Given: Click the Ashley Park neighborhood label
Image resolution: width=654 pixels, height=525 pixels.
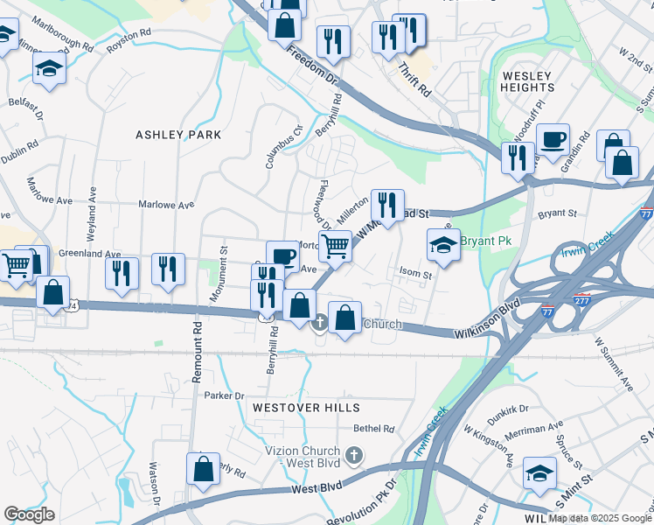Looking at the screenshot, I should click(x=178, y=135).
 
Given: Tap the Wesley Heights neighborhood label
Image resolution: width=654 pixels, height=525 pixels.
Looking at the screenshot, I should click(x=527, y=82).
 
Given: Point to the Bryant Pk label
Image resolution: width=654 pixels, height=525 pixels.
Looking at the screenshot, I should click(x=486, y=241).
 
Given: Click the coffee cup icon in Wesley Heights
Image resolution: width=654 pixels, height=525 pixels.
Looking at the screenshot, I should click(x=553, y=140).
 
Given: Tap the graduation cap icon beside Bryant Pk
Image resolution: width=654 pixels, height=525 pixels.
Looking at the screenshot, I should click(x=443, y=245).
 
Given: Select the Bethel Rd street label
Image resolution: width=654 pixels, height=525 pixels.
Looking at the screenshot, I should click(x=374, y=429).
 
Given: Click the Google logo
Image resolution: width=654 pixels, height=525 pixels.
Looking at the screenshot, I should click(x=30, y=514).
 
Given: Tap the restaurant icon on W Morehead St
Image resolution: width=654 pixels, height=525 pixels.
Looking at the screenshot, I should click(x=386, y=206).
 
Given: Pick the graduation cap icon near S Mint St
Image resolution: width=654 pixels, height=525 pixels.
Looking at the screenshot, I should click(x=539, y=472).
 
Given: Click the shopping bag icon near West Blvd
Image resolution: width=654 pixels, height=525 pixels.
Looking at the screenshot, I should click(x=203, y=467).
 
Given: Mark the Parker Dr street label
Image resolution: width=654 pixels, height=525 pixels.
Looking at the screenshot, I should click(x=224, y=396).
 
